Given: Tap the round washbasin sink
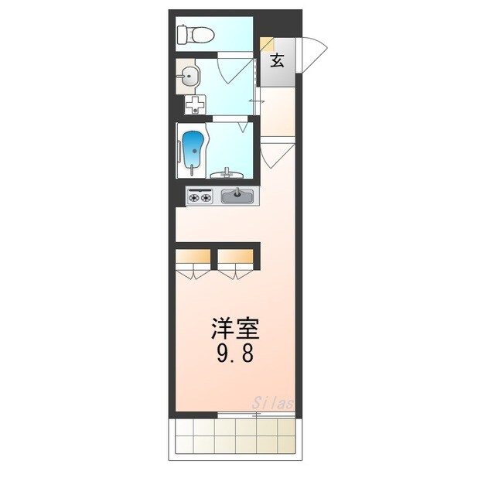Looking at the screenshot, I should click(x=189, y=76).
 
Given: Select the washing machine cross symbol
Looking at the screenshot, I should click(x=196, y=104).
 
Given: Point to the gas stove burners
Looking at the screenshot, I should click(x=200, y=197).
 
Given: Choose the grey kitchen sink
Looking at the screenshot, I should click(x=237, y=196).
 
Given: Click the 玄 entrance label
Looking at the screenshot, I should click(x=277, y=61).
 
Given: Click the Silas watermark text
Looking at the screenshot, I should click(x=273, y=403).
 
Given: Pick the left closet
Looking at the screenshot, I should click(x=194, y=256).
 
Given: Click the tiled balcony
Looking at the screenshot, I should click(x=235, y=439).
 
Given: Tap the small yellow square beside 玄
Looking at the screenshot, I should click(x=266, y=45).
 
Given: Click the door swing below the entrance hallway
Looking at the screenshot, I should click(x=274, y=155).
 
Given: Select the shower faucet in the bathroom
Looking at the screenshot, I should click(x=227, y=173).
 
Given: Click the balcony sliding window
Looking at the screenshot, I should click(x=256, y=416).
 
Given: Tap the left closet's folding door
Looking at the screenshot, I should click(x=194, y=271).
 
